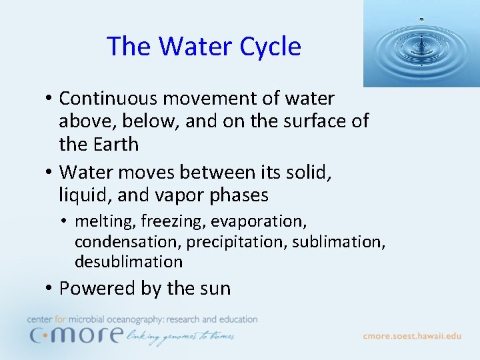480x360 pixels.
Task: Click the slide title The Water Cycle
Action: [203, 46]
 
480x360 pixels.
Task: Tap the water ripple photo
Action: [421, 43]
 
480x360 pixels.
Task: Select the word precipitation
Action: [235, 241]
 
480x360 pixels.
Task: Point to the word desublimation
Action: [129, 262]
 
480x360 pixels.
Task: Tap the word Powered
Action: [97, 289]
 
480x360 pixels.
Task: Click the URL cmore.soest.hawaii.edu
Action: [411, 336]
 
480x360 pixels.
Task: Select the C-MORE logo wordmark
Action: [75, 334]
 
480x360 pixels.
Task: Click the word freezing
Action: [169, 221]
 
